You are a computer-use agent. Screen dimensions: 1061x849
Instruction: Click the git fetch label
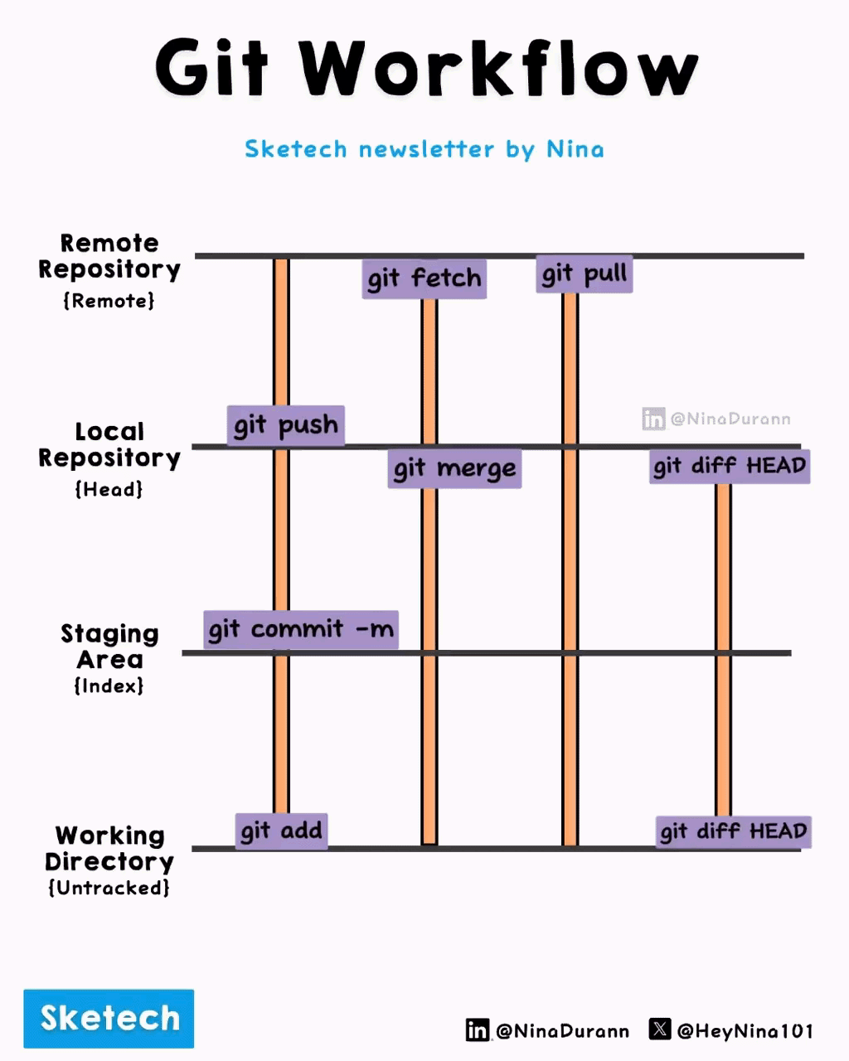pos(424,279)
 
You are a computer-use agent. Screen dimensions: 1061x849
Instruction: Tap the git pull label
pos(585,274)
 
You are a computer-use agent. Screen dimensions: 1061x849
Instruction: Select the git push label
pos(286,425)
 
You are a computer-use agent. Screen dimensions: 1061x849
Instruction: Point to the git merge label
pos(454,468)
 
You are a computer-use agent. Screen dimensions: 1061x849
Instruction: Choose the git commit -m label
pos(301,629)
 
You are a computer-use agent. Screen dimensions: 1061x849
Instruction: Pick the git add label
pos(281,831)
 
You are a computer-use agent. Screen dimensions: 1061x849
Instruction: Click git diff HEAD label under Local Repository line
pos(730,466)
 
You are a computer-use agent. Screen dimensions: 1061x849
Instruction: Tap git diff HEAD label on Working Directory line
pos(734,831)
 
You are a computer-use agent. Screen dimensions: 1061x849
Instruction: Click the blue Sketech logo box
pos(109,1018)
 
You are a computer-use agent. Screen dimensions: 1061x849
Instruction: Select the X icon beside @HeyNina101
pos(660,1030)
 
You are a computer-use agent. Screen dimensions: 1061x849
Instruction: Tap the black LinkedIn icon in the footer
pos(478,1030)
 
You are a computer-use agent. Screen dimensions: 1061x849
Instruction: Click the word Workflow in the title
pos(499,68)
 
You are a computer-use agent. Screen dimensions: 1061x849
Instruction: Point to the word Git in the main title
pos(211,68)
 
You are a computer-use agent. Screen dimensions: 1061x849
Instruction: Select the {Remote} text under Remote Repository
pos(109,300)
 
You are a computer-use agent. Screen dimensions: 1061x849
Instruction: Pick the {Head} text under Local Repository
pos(109,489)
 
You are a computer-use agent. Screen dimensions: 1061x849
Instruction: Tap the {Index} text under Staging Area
pos(109,686)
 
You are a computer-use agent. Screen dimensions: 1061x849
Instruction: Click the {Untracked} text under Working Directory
pos(109,888)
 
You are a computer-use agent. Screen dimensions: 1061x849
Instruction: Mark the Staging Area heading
pos(109,647)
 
